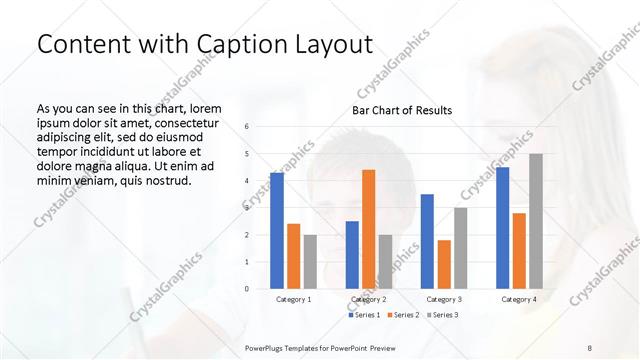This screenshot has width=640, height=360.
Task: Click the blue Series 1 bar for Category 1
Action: click(x=277, y=231)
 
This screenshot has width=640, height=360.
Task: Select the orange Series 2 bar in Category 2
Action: click(x=369, y=229)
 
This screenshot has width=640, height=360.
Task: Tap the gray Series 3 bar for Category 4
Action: click(x=536, y=221)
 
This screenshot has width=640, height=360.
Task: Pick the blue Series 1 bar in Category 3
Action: click(x=427, y=241)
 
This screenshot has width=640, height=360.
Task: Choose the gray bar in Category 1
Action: click(x=310, y=261)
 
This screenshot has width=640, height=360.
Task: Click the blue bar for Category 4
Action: click(x=502, y=228)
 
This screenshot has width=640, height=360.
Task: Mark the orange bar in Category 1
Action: click(x=293, y=256)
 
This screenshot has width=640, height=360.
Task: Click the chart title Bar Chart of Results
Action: click(x=401, y=110)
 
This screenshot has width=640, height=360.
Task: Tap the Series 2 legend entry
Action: click(x=402, y=315)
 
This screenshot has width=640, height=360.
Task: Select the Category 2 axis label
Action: click(x=369, y=299)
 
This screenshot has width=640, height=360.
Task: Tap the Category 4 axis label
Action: click(x=518, y=299)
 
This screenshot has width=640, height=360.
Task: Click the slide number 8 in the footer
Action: click(x=590, y=347)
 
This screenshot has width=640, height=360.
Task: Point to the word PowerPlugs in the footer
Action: click(x=268, y=347)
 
